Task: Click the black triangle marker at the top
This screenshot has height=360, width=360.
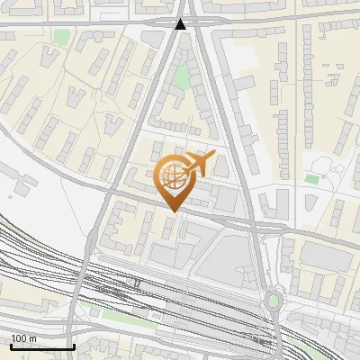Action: point(181,25)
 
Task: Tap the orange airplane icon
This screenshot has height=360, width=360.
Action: point(199,164)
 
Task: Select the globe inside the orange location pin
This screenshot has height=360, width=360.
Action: point(172,175)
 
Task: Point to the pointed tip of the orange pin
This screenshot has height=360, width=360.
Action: point(172,211)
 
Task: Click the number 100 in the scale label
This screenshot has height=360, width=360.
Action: point(19,338)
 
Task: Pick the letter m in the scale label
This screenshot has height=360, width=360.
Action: point(32,338)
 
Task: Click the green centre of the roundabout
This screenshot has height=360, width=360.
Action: point(274,301)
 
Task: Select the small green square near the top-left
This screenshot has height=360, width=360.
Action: point(60,38)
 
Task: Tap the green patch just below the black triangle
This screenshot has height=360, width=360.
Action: point(182,77)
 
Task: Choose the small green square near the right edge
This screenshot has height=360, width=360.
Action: point(312,178)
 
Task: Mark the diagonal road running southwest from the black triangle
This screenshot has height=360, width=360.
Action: point(135,135)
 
